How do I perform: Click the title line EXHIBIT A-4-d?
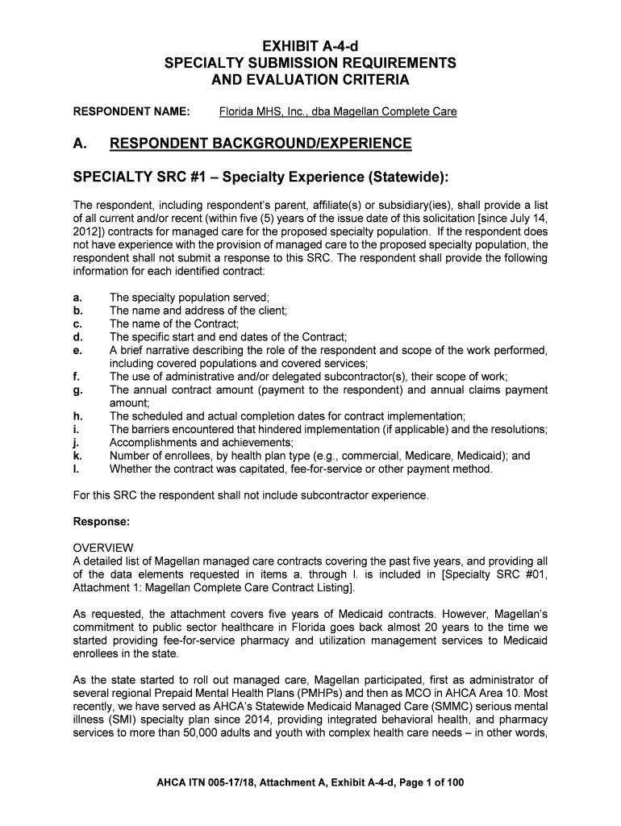(310, 45)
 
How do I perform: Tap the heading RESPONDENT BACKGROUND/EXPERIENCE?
(260, 144)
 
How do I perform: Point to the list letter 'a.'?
(77, 298)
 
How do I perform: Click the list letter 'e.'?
(77, 351)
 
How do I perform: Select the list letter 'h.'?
(77, 416)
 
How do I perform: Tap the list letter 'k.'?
(77, 456)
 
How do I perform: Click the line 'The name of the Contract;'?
(171, 324)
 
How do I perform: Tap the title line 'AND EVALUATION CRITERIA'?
(310, 80)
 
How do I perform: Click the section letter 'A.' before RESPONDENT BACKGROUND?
(80, 144)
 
